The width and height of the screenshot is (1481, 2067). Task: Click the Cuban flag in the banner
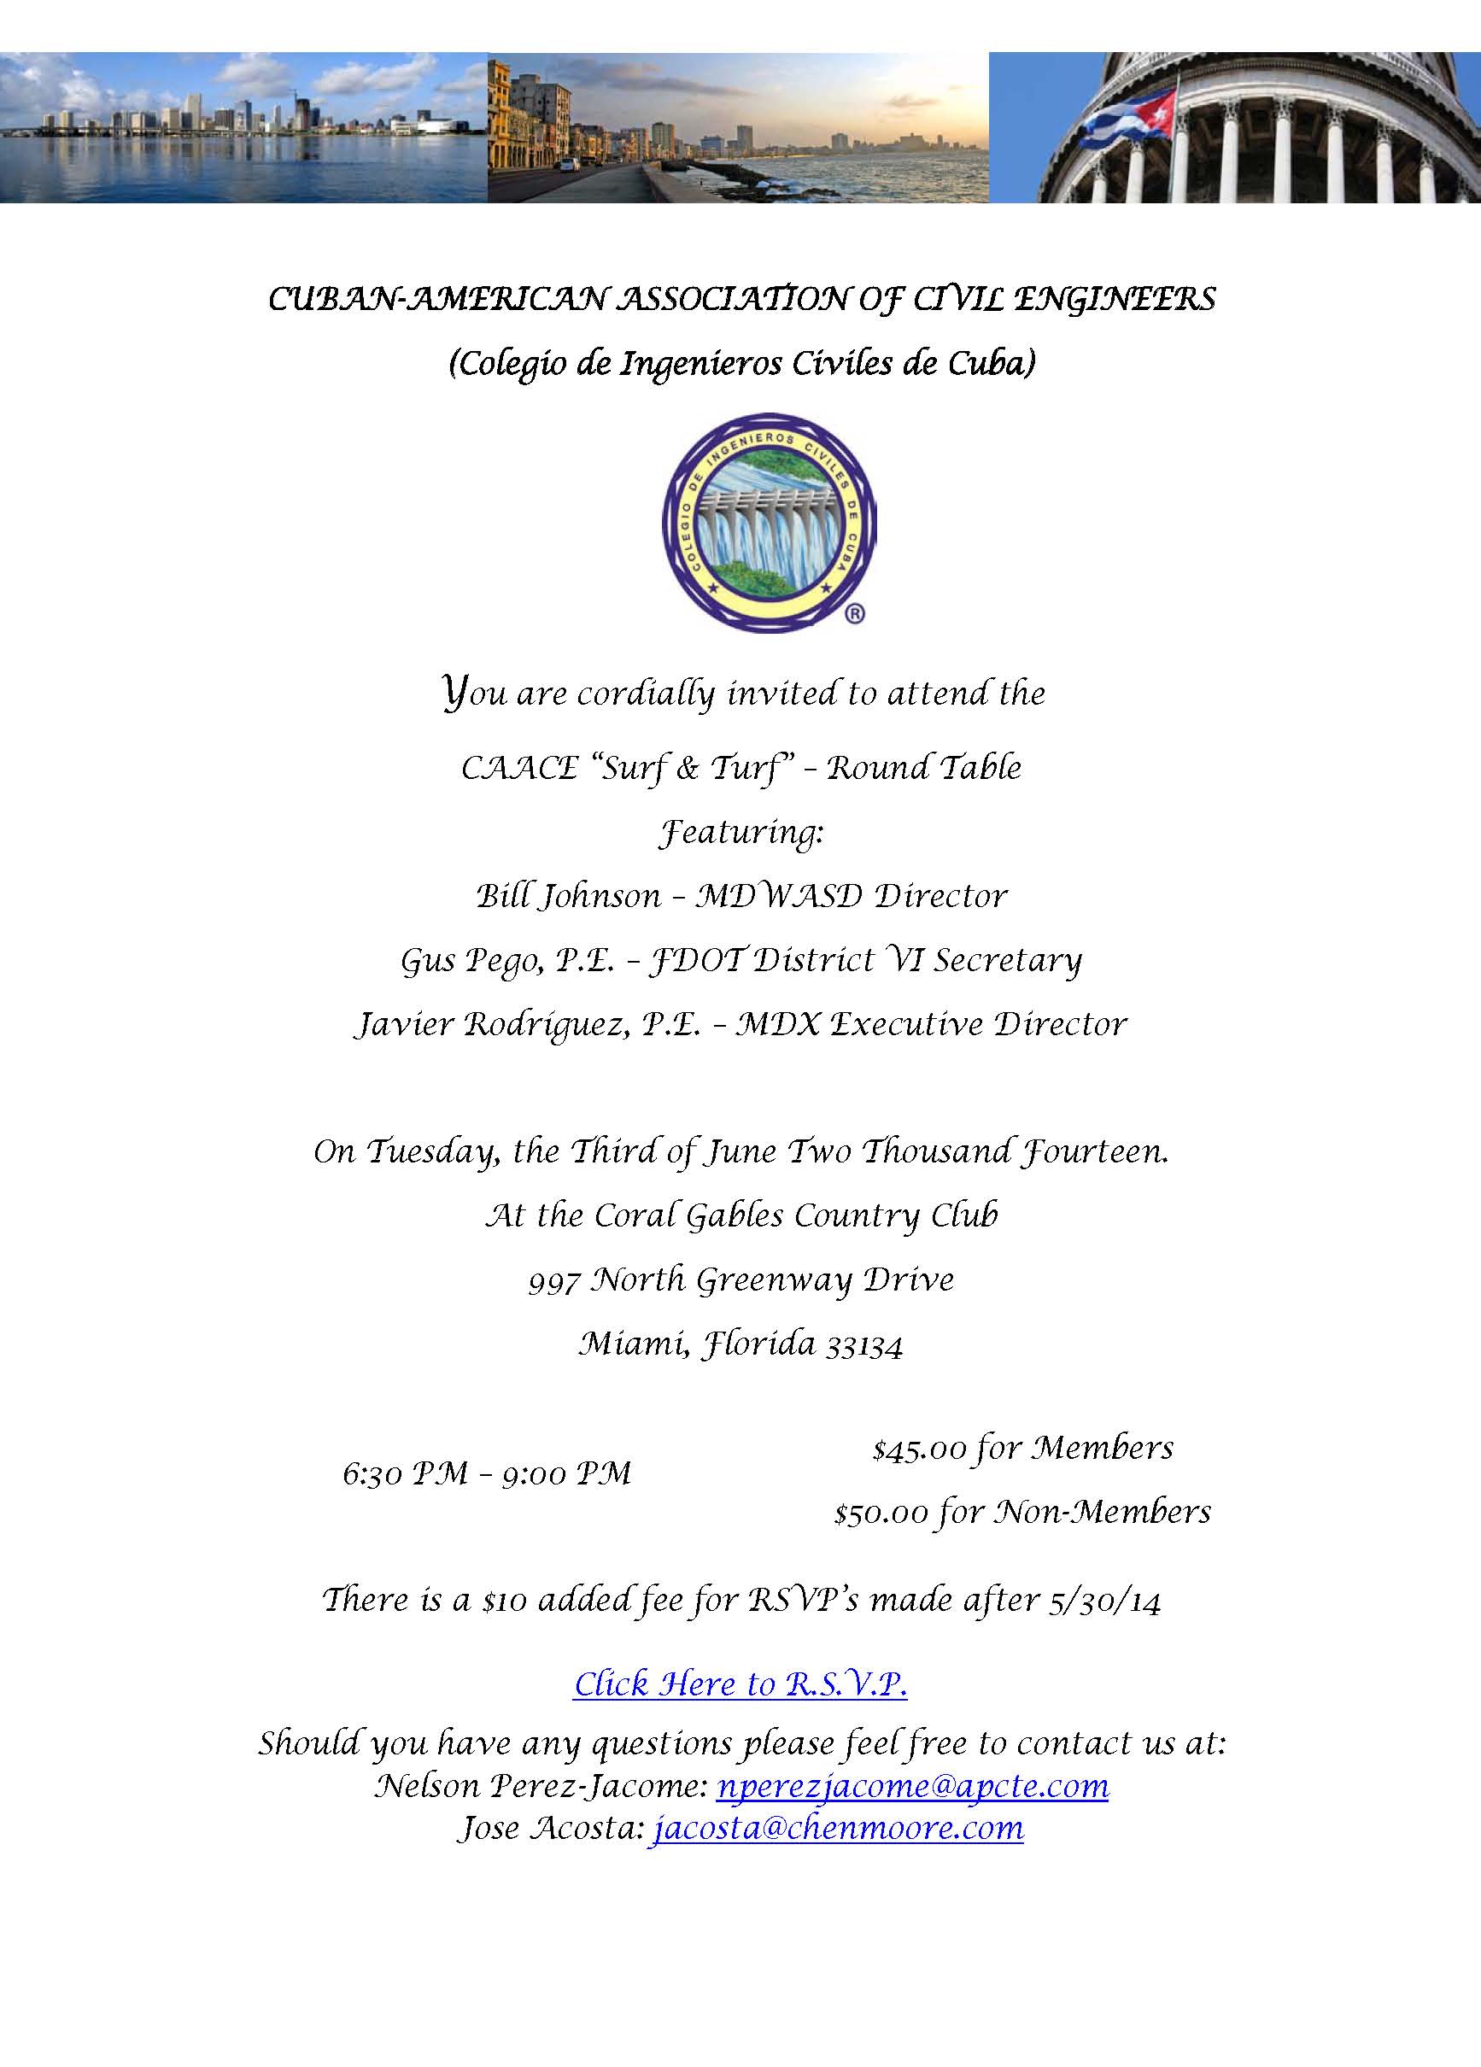tap(1127, 116)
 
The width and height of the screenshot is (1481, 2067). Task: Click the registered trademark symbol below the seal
tap(855, 614)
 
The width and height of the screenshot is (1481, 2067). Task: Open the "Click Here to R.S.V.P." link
tap(740, 1683)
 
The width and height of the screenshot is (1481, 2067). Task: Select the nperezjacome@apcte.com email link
tap(912, 1785)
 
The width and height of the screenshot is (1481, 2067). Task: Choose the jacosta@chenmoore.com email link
tap(837, 1828)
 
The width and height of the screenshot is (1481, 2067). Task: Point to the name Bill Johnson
tap(568, 897)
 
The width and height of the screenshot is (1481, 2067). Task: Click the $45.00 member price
tap(919, 1448)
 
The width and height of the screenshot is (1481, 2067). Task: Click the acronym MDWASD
tap(778, 897)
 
